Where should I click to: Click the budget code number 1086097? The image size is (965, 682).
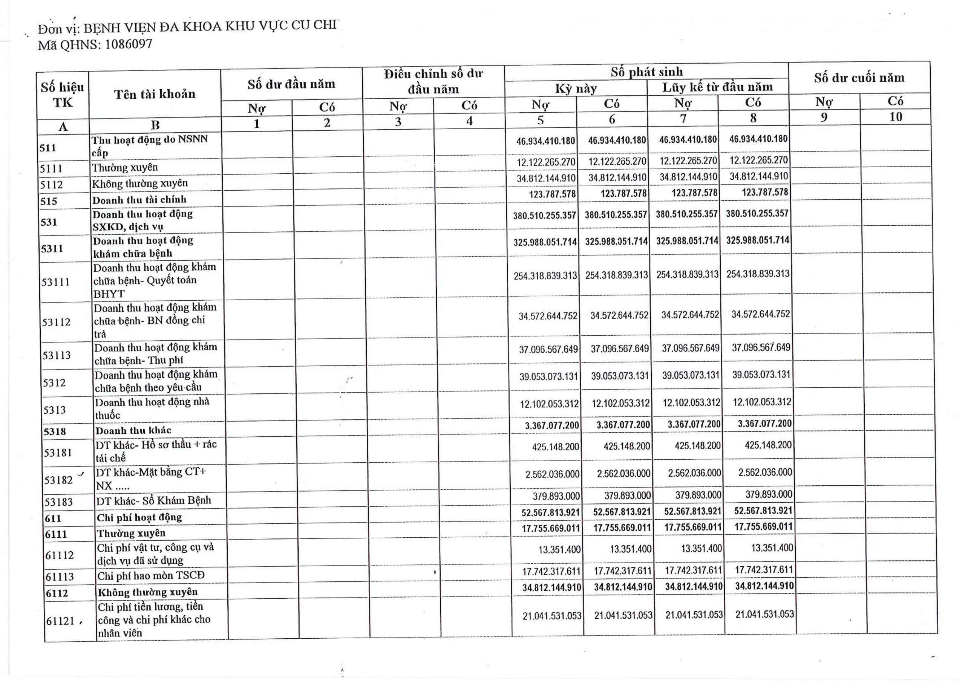pos(128,44)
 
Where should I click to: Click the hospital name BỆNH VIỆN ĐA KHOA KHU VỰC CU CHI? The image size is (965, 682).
pos(210,27)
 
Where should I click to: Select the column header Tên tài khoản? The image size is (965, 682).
pos(155,94)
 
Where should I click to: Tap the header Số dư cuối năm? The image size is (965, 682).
pos(859,78)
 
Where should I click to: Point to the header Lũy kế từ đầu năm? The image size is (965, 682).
pos(717,87)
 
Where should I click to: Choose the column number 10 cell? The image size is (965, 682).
pos(895,117)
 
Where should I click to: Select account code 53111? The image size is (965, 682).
pos(56,282)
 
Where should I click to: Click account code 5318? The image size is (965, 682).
pos(55,431)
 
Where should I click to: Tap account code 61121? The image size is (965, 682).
pos(60,621)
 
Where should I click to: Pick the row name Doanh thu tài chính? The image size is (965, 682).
pos(139,200)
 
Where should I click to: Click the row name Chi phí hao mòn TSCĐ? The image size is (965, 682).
pos(151,575)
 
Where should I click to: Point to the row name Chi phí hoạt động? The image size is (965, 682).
pos(139,517)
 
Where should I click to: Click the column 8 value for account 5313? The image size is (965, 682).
pos(761,402)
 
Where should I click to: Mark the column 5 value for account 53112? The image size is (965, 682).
pos(548,316)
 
